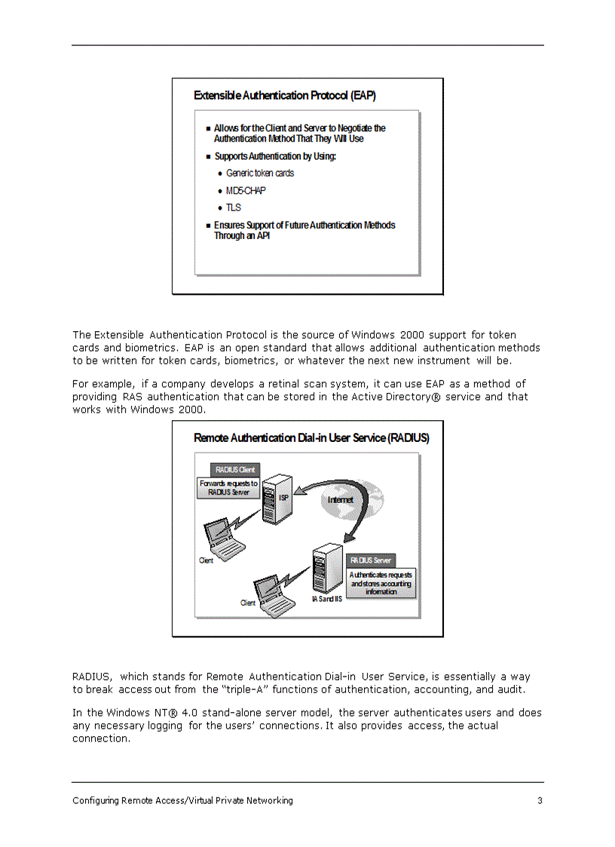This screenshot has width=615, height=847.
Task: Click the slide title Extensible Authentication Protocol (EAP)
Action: point(284,96)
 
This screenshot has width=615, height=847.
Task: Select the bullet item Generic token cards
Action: point(259,173)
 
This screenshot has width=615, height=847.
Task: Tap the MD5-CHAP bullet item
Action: point(246,191)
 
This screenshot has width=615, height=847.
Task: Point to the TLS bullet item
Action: point(233,208)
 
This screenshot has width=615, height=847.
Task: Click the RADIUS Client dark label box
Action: point(234,470)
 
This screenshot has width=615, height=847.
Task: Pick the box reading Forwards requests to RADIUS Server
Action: point(228,487)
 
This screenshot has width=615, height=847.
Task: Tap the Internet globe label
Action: point(340,500)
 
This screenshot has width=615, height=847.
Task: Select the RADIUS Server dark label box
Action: point(370,560)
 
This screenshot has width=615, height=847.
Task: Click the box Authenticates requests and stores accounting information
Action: point(381,583)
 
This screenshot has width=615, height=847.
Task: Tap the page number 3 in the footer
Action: point(540,801)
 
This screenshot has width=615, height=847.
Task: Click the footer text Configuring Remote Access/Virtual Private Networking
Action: point(182,801)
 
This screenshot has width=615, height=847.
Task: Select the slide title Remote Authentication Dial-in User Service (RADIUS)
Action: point(311,438)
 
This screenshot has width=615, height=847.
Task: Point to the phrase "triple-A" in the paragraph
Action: point(246,690)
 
